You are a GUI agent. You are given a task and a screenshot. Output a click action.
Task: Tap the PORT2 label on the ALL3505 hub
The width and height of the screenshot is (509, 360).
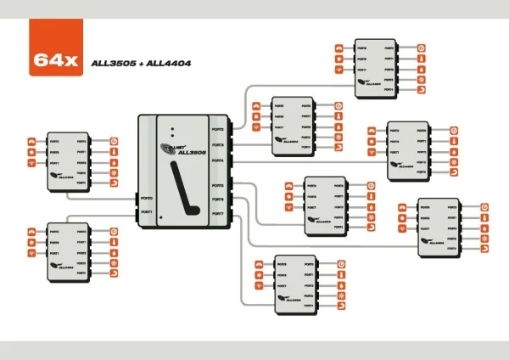pos(218,130)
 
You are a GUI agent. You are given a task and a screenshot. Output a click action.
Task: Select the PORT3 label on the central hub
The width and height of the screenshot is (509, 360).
pos(218,145)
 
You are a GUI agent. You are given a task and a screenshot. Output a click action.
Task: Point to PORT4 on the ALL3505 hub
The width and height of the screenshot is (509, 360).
pos(218,160)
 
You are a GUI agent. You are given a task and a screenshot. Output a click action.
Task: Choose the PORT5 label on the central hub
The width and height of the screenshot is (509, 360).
pos(218,184)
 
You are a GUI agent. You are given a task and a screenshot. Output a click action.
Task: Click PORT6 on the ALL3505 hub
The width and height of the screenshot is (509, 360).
pos(218,200)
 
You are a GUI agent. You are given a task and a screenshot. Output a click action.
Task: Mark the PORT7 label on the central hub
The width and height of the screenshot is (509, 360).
pos(218,214)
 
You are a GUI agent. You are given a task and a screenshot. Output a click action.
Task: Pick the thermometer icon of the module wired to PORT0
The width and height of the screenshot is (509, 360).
pos(114,151)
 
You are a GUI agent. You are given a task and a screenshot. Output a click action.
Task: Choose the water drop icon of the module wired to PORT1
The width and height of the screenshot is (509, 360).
pos(114,253)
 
